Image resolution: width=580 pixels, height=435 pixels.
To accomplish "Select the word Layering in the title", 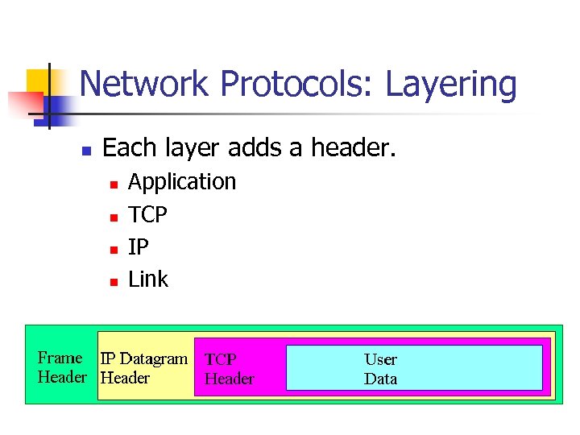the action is (450, 85).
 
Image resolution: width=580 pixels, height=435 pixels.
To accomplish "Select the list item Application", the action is (182, 182).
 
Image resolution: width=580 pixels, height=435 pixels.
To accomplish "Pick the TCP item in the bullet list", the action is (148, 215).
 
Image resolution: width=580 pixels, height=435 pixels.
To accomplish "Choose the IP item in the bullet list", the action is (139, 247).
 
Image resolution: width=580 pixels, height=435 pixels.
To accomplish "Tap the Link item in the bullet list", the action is (148, 280).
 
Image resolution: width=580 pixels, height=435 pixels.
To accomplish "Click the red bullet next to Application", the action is (114, 184).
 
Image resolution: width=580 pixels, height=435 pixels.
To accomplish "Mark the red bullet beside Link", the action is (114, 282).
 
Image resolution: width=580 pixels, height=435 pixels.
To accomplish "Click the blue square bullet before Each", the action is (87, 150).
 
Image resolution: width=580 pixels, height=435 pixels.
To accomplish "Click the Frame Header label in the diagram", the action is (61, 367).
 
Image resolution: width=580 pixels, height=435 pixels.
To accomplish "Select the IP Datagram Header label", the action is (143, 368).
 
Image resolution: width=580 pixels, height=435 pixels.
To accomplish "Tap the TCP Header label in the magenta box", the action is (229, 369).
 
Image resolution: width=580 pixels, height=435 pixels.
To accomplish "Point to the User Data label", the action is (380, 369).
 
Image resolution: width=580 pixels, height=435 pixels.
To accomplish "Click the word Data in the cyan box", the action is (380, 379).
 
